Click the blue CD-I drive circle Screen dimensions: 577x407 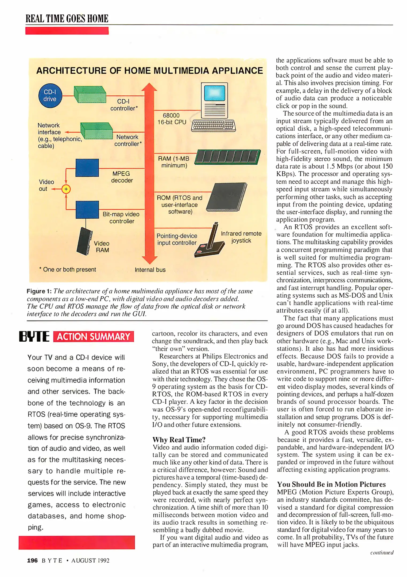(x=50, y=96)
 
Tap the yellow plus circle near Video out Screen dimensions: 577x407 (x=66, y=189)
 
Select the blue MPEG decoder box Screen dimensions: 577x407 (x=87, y=168)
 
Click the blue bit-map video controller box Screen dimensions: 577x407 (x=87, y=210)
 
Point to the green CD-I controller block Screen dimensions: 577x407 (x=90, y=94)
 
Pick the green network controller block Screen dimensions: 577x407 (x=96, y=131)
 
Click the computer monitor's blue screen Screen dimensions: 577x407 (x=214, y=93)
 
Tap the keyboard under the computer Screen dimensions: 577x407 (x=214, y=125)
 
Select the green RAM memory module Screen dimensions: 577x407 (x=228, y=157)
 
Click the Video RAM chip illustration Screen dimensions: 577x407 (x=85, y=241)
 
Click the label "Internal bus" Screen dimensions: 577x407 (x=150, y=270)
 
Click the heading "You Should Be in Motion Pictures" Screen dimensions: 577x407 (x=331, y=485)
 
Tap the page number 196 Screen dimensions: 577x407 (x=32, y=560)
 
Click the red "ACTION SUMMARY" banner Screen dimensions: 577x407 (x=94, y=337)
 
